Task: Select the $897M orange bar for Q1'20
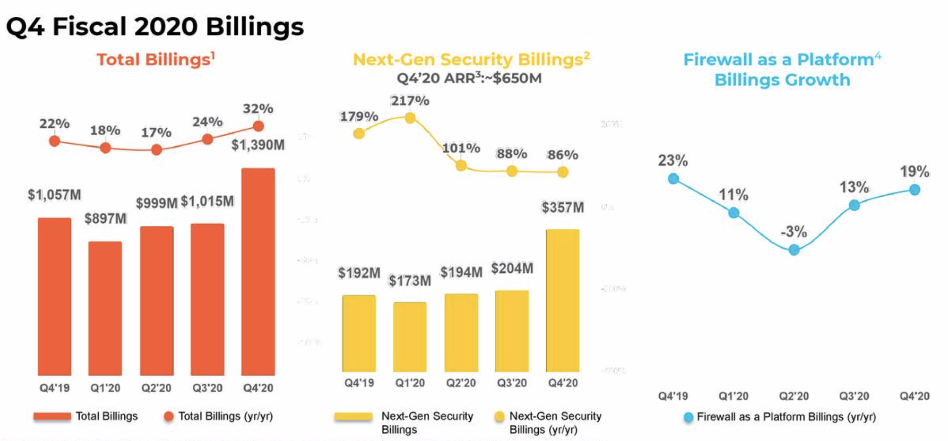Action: click(105, 308)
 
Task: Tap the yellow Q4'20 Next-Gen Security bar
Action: click(562, 301)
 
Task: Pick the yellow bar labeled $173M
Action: click(410, 337)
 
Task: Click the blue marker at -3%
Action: click(794, 250)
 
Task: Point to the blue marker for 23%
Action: click(673, 179)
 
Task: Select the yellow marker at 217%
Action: click(410, 118)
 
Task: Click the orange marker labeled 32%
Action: click(258, 126)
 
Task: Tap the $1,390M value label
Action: click(258, 145)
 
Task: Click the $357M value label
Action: click(562, 207)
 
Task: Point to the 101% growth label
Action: click(461, 148)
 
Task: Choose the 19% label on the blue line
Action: click(914, 172)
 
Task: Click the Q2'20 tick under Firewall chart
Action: click(794, 396)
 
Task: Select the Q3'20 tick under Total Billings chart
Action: click(207, 388)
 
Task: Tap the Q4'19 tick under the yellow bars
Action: click(359, 383)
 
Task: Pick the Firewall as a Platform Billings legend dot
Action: click(688, 417)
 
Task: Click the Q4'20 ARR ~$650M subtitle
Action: click(469, 78)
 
